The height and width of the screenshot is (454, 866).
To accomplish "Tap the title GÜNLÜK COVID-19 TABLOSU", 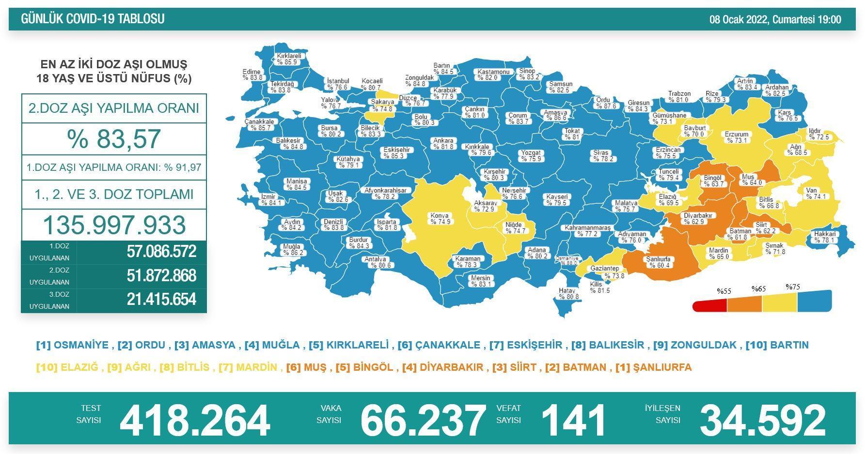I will [x=93, y=19].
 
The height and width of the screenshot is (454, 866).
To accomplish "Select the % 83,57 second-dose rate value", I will [x=114, y=138].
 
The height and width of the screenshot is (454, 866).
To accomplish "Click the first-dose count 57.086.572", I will [x=161, y=252].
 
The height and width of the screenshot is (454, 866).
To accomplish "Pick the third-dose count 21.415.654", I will [x=161, y=300].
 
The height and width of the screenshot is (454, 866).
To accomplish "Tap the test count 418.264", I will [x=194, y=420].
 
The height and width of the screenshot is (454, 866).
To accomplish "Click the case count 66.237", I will [x=423, y=420].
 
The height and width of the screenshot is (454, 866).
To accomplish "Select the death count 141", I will [x=573, y=420].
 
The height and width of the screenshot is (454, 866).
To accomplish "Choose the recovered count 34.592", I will [x=762, y=420].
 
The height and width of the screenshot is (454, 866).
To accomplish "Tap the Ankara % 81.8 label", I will [x=443, y=144].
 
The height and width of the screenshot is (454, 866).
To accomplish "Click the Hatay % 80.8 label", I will [x=567, y=294].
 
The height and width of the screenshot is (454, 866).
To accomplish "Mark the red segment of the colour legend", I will [x=710, y=305].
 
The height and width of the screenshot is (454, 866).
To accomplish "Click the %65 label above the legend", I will [x=758, y=289].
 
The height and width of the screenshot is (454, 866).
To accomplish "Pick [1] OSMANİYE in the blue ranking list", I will [x=72, y=345].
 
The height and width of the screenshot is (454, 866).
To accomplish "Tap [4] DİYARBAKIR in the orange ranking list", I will [x=442, y=367].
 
